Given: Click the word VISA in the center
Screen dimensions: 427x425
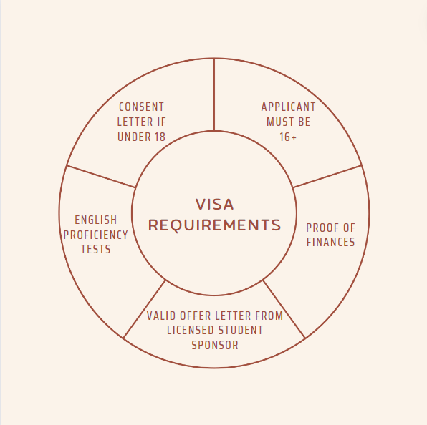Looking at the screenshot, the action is point(215,204).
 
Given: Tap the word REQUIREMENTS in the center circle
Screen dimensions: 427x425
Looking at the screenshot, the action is point(215,225).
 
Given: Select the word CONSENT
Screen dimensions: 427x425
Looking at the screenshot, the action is point(142,107).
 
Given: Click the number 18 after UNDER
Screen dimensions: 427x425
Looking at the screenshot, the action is point(160,137).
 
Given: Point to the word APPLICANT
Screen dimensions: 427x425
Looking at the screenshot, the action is point(289,107).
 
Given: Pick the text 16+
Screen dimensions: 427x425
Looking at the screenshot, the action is point(288,137).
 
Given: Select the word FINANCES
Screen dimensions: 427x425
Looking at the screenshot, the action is point(330,242).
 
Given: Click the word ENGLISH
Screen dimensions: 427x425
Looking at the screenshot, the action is point(96,220).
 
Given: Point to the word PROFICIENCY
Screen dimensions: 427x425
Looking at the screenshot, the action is point(96,235).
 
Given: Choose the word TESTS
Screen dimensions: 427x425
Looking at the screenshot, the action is point(96,249).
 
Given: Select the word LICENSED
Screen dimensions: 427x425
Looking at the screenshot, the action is point(191,330).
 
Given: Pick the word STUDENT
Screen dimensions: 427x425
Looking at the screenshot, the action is point(241,330).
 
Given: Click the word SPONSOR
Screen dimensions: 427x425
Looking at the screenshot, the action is point(215,345).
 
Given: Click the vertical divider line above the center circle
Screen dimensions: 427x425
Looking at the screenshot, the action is point(214,94).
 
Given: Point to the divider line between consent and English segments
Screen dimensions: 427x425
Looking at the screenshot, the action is point(101,177).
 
